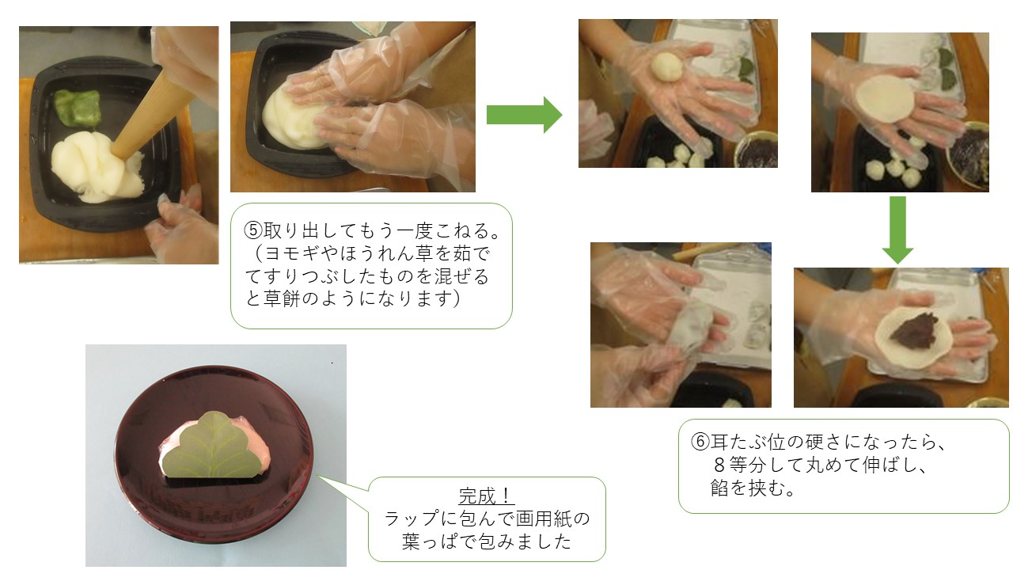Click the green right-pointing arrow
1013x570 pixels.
[524, 115]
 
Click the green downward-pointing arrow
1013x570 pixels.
[897, 230]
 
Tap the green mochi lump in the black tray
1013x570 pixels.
[78, 107]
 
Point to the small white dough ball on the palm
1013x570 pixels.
[666, 66]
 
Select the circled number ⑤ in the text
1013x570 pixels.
[253, 230]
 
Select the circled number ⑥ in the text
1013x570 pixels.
[700, 442]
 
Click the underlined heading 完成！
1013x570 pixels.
[487, 496]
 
